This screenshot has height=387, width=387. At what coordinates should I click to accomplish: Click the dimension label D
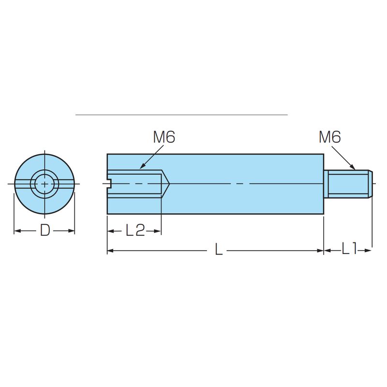[x=45, y=231]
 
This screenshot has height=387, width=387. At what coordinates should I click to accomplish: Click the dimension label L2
[x=135, y=231]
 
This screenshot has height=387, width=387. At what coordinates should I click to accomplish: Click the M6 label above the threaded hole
[x=164, y=137]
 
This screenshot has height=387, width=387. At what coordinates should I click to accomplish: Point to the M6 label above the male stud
[x=330, y=137]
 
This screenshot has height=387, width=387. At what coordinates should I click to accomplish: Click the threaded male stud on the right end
[x=348, y=184]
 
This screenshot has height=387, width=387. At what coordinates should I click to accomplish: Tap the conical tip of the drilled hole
[x=165, y=184]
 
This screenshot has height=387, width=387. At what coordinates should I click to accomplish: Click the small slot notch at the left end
[x=110, y=184]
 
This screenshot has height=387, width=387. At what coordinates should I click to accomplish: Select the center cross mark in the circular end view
[x=45, y=184]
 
